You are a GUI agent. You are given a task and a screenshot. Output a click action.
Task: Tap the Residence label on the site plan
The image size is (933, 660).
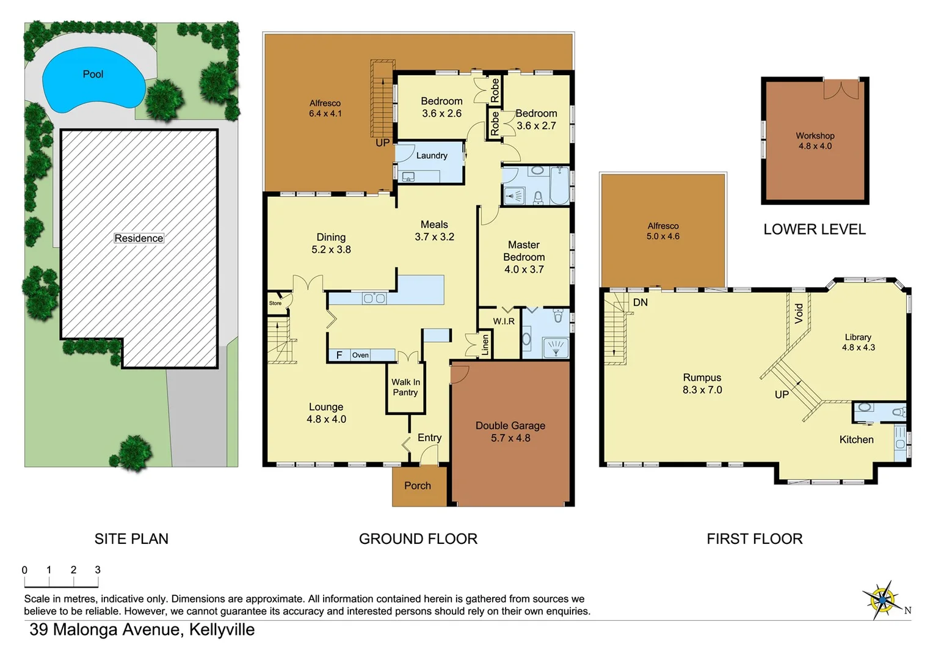pyautogui.click(x=139, y=238)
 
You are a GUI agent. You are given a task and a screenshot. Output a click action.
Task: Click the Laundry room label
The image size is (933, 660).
pyautogui.click(x=432, y=156)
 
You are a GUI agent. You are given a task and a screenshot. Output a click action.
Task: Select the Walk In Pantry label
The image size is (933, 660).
pyautogui.click(x=405, y=387)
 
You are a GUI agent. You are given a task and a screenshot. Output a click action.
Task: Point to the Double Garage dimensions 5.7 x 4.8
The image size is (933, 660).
pyautogui.click(x=510, y=438)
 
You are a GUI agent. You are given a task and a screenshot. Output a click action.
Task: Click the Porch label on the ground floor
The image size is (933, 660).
pyautogui.click(x=418, y=486)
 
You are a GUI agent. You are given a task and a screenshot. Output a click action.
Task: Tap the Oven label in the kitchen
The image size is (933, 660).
pyautogui.click(x=360, y=355)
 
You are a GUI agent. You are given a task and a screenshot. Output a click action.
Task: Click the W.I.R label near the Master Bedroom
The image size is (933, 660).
pyautogui.click(x=504, y=321)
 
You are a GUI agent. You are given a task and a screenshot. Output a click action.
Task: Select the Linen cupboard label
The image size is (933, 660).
pyautogui.click(x=485, y=345)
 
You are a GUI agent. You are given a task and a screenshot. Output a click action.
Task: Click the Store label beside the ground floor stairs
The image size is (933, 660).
pyautogui.click(x=275, y=303)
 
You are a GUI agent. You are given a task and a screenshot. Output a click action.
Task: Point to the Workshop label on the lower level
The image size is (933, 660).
pyautogui.click(x=815, y=136)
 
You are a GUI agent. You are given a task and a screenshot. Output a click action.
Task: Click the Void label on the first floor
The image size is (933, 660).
pyautogui.click(x=799, y=313)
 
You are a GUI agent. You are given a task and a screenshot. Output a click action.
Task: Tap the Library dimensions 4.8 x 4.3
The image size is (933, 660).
pyautogui.click(x=858, y=348)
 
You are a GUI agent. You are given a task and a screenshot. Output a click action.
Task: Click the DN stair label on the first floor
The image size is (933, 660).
pyautogui.click(x=640, y=302)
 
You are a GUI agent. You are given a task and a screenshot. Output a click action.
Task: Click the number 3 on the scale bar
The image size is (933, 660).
pyautogui.click(x=98, y=570)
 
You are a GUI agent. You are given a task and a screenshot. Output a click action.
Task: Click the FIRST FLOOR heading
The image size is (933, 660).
pyautogui.click(x=754, y=539)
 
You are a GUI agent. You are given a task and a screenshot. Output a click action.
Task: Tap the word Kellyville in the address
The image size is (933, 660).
pyautogui.click(x=222, y=629)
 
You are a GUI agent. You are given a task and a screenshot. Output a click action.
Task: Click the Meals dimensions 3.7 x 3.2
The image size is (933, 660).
pyautogui.click(x=434, y=237)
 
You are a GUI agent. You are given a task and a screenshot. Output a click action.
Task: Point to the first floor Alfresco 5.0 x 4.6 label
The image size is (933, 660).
pyautogui.click(x=663, y=231)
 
